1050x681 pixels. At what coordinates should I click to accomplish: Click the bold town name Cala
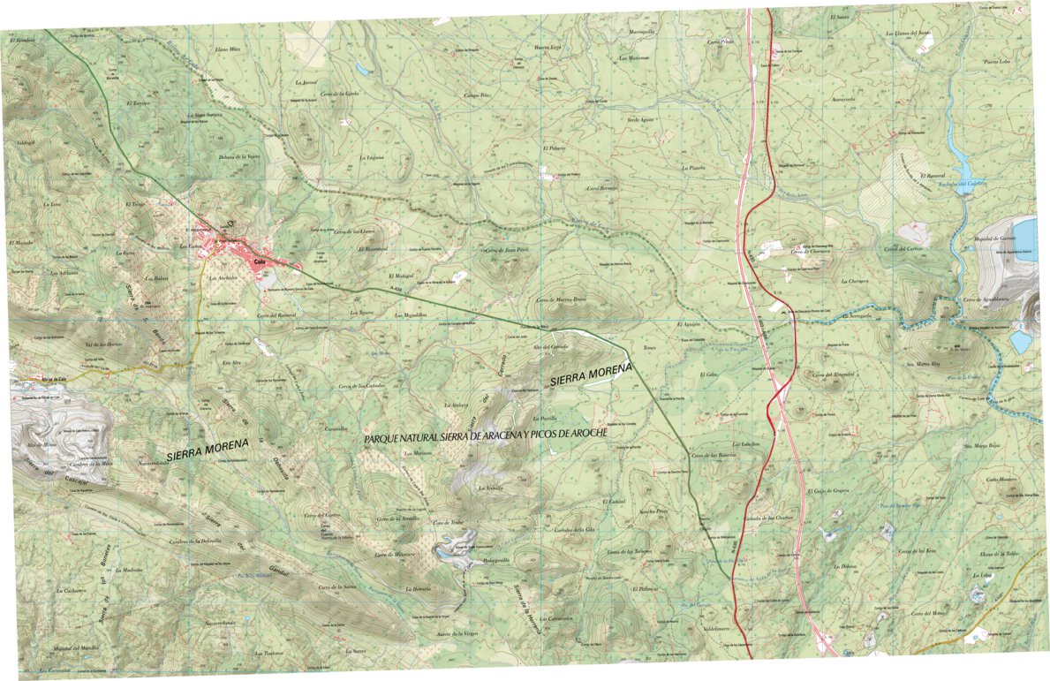pos(260,262)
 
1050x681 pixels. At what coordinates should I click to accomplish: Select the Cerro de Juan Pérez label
pos(506,250)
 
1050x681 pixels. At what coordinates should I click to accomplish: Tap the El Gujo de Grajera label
pos(827,489)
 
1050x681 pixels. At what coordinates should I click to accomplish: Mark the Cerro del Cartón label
pos(902,249)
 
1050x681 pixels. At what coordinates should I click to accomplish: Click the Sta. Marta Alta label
pos(921,362)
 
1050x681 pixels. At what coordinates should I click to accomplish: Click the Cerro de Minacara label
pos(394,555)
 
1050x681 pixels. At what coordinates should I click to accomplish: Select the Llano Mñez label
pos(228,50)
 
